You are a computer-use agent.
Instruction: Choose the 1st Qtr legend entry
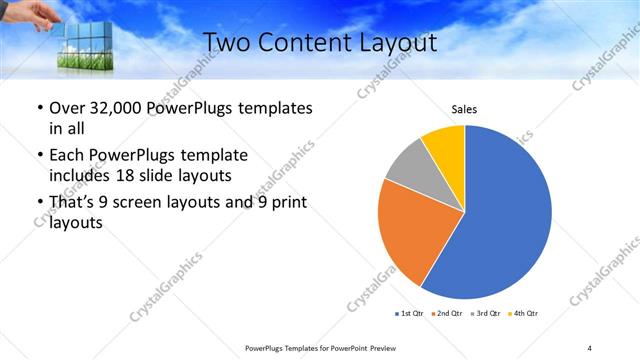(410, 314)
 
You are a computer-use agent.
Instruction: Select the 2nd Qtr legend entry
(446, 314)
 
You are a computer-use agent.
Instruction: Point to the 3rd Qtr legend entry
(484, 314)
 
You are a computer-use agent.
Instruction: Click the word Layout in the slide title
(394, 42)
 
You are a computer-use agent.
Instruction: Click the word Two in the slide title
(228, 42)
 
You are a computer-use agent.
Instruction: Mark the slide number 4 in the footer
(590, 348)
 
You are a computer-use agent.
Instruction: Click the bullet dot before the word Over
(39, 108)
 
